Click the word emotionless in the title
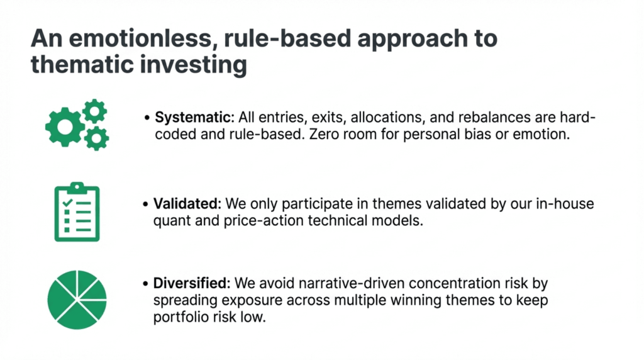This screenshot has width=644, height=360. (x=140, y=39)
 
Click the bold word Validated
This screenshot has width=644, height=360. (x=187, y=203)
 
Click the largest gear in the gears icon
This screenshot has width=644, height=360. (x=65, y=127)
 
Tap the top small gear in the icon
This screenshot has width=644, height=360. (x=95, y=111)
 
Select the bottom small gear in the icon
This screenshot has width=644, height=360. (x=96, y=138)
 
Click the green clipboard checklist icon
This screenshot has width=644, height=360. (x=77, y=211)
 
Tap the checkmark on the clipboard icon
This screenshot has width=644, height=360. (x=67, y=203)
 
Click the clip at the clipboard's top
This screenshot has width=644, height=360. (x=77, y=188)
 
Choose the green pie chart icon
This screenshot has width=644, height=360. (x=77, y=300)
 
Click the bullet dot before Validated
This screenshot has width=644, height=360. (x=145, y=204)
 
